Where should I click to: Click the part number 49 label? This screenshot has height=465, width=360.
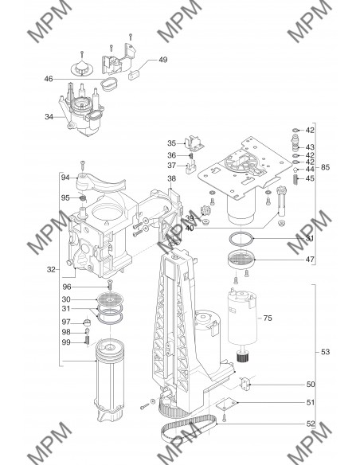click(x=163, y=60)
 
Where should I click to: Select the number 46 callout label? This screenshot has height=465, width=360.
click(x=49, y=79)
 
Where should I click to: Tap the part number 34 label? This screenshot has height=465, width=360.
click(x=49, y=117)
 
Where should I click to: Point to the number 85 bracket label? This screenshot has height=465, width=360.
click(x=325, y=167)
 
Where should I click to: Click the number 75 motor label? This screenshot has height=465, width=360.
click(x=268, y=318)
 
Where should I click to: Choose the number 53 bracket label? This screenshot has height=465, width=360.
click(x=325, y=352)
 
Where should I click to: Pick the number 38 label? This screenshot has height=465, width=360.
click(x=171, y=178)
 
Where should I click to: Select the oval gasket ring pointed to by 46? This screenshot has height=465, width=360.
click(x=109, y=84)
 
